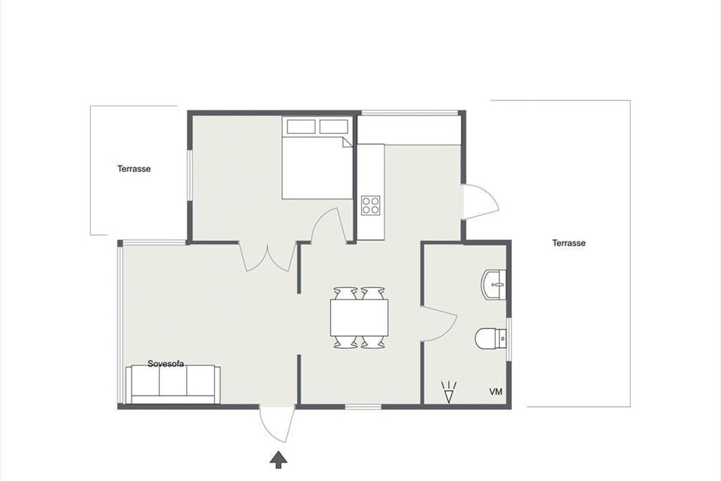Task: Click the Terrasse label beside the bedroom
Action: pyautogui.click(x=134, y=169)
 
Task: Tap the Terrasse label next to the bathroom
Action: pyautogui.click(x=569, y=243)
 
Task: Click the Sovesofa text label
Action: pyautogui.click(x=165, y=364)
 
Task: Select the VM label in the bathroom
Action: pyautogui.click(x=496, y=392)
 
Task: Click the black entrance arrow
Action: pyautogui.click(x=278, y=460)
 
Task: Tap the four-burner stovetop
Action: pyautogui.click(x=371, y=206)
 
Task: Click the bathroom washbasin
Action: pyautogui.click(x=493, y=285)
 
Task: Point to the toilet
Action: pyautogui.click(x=490, y=339)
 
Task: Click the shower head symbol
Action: pyautogui.click(x=449, y=392)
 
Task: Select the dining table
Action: pyautogui.click(x=359, y=317)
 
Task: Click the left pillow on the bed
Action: pyautogui.click(x=301, y=127)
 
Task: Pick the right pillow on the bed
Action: pyautogui.click(x=334, y=127)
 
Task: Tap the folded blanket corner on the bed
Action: pyautogui.click(x=347, y=142)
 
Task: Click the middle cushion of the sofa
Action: pyautogui.click(x=173, y=381)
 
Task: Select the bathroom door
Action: pyautogui.click(x=439, y=323)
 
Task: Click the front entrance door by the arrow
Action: pyautogui.click(x=278, y=424)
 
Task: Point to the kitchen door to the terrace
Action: pyautogui.click(x=481, y=202)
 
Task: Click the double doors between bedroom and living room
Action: pyautogui.click(x=267, y=257)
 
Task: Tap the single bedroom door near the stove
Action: pyautogui.click(x=329, y=225)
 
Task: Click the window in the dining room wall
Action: pyautogui.click(x=363, y=407)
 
